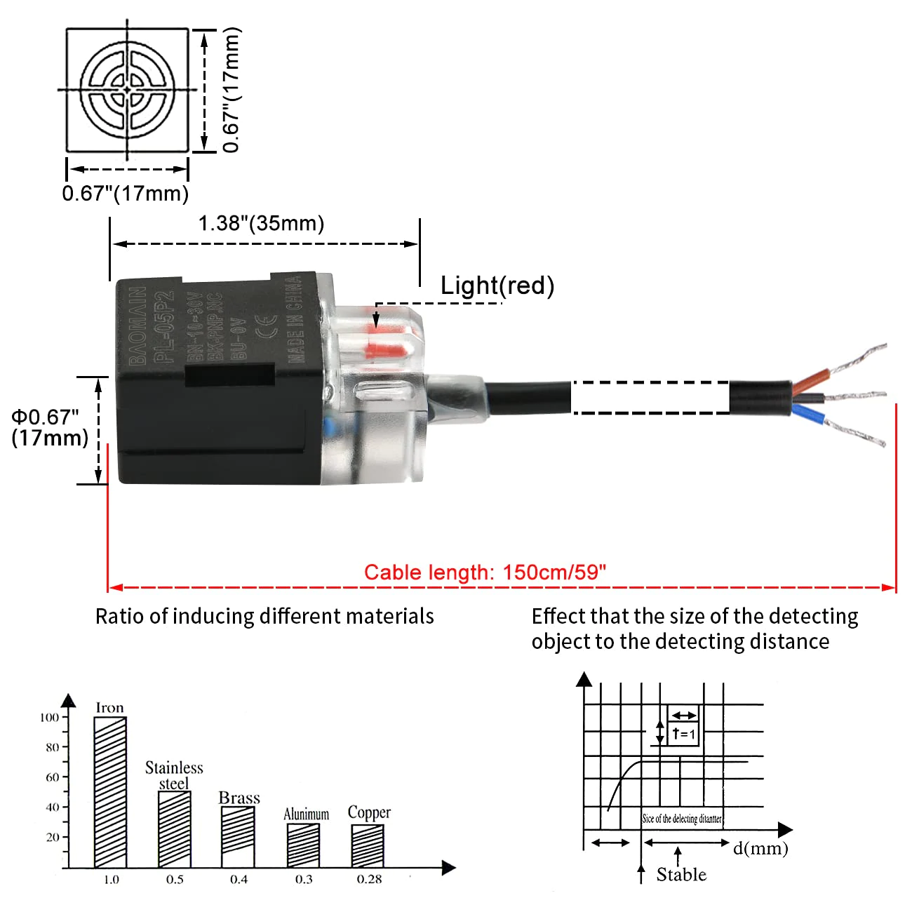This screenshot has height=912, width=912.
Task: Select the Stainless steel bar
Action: coord(174,829)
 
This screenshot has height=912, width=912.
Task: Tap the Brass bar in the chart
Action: coord(238,837)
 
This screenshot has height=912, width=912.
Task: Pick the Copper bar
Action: coord(368,846)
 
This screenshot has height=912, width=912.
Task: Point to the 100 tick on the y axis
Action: coord(50,717)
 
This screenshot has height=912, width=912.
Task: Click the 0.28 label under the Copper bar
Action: coord(369,880)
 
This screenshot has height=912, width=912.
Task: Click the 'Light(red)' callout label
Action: coord(497,286)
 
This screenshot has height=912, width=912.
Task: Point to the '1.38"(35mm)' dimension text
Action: coord(261,224)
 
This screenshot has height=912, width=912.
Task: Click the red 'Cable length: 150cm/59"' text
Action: coord(485,572)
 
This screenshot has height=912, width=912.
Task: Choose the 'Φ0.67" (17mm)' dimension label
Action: coord(48,427)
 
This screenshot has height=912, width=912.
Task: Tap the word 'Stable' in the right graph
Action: coord(681,874)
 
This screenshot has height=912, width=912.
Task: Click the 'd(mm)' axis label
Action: coord(760,848)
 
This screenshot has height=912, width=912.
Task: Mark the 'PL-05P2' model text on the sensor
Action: coord(163,326)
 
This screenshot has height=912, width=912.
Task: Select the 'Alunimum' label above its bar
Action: coord(306,814)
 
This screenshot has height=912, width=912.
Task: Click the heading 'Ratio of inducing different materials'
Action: coord(264,616)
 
